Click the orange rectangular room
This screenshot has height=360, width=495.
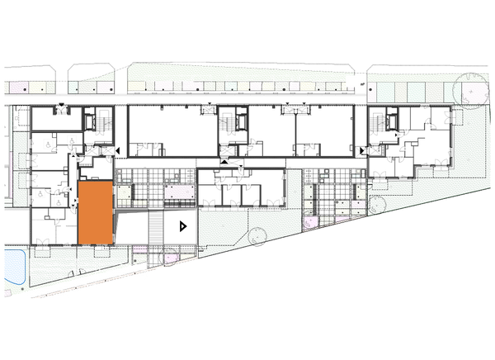95,212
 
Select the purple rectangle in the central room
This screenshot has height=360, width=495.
178,192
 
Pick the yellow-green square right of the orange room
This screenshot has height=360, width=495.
125,193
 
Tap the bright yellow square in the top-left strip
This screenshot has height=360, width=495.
38,86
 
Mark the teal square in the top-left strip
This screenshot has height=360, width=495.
73,87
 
